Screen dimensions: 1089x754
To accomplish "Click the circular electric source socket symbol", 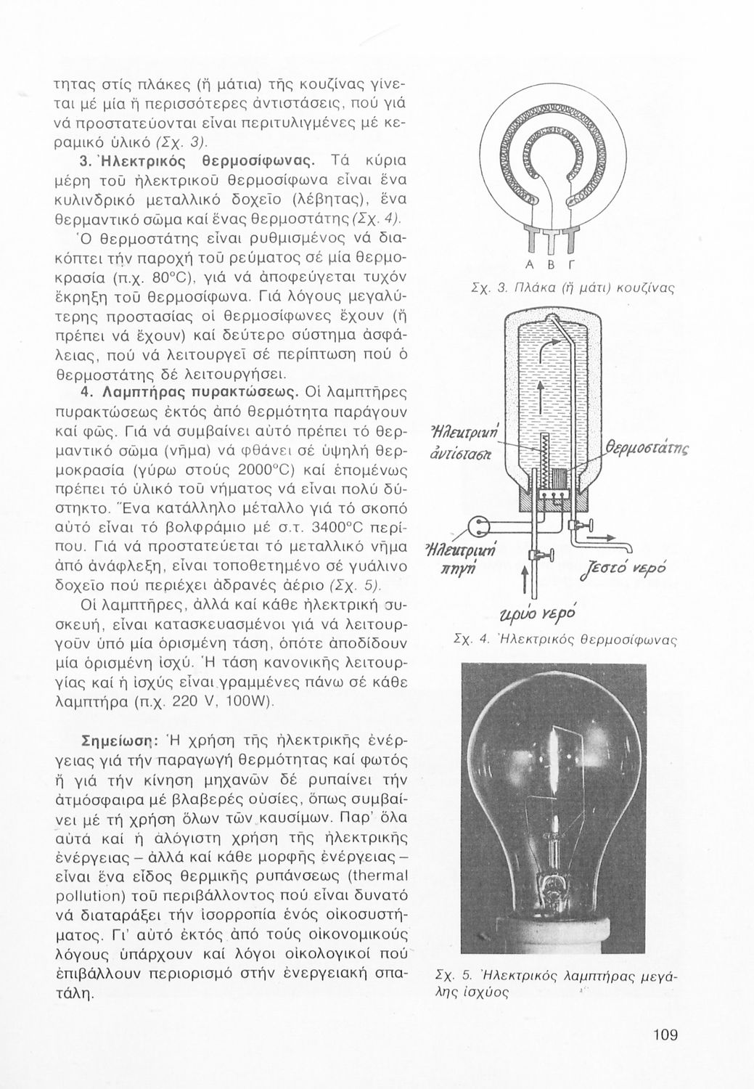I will coord(479,523).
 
